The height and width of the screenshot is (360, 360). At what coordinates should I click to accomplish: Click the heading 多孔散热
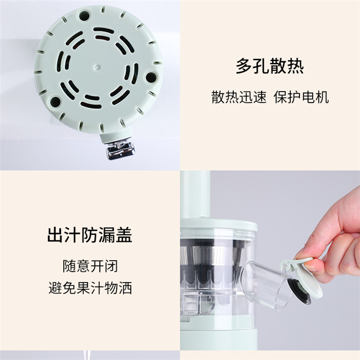pyautogui.click(x=270, y=66)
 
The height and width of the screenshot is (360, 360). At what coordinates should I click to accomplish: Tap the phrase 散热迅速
pyautogui.click(x=239, y=97)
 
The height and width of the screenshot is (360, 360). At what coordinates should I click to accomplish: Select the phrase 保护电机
pyautogui.click(x=301, y=97)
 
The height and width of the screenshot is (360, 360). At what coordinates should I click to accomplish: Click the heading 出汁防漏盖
pyautogui.click(x=90, y=235)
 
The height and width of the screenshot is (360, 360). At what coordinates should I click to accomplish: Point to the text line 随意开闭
pyautogui.click(x=90, y=266)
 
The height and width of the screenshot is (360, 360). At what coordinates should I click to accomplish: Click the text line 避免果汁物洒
pyautogui.click(x=90, y=288)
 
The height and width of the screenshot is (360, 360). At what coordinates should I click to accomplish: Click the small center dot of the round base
pyautogui.click(x=97, y=67)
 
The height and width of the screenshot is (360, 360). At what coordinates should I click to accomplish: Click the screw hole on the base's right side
pyautogui.click(x=151, y=77)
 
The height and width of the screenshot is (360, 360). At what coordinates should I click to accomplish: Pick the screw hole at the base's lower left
pyautogui.click(x=55, y=101)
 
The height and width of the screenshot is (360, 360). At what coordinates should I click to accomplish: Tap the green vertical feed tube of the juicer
pyautogui.click(x=195, y=195)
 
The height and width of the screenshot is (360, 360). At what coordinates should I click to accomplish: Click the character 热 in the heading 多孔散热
pyautogui.click(x=296, y=66)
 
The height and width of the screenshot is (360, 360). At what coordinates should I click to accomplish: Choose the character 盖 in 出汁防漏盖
pyautogui.click(x=124, y=235)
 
